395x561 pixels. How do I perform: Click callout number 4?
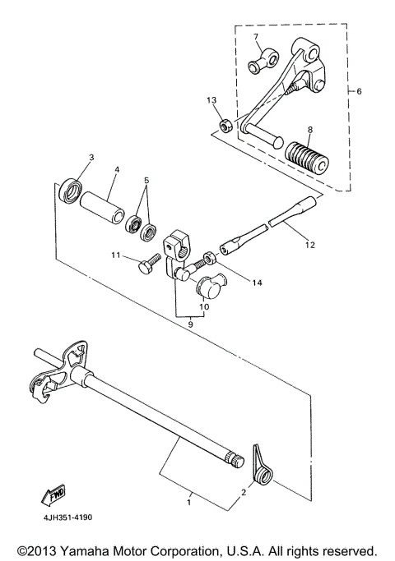116,171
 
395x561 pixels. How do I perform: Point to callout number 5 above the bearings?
147,180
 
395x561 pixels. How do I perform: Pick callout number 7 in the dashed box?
256,38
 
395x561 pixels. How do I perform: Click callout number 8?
310,129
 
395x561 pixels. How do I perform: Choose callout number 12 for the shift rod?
309,244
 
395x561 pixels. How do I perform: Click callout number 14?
257,283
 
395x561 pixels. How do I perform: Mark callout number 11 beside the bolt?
116,255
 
